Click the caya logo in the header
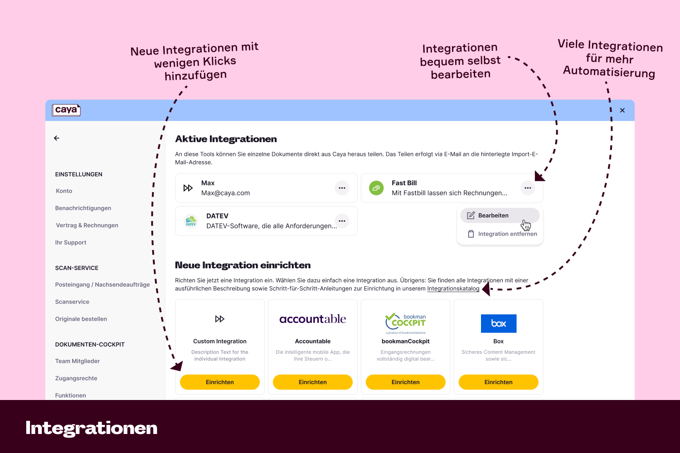[x=66, y=110]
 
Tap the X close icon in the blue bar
[x=622, y=111]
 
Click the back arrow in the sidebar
[x=57, y=138]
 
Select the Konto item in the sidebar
[x=64, y=191]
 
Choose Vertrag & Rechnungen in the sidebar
[x=87, y=225]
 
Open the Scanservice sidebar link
[x=72, y=302]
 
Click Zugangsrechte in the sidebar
[x=76, y=378]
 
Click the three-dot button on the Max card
[x=342, y=188]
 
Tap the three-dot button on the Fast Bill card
[x=528, y=188]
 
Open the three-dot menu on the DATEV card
[x=342, y=221]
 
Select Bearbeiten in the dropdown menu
[x=493, y=216]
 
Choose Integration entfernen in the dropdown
[x=507, y=234]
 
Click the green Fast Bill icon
[x=376, y=188]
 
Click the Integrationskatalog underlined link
[x=453, y=289]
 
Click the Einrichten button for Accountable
[x=313, y=382]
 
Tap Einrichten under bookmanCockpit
[x=406, y=382]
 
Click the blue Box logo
[x=499, y=323]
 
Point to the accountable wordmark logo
[x=313, y=319]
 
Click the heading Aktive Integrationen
[x=226, y=139]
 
